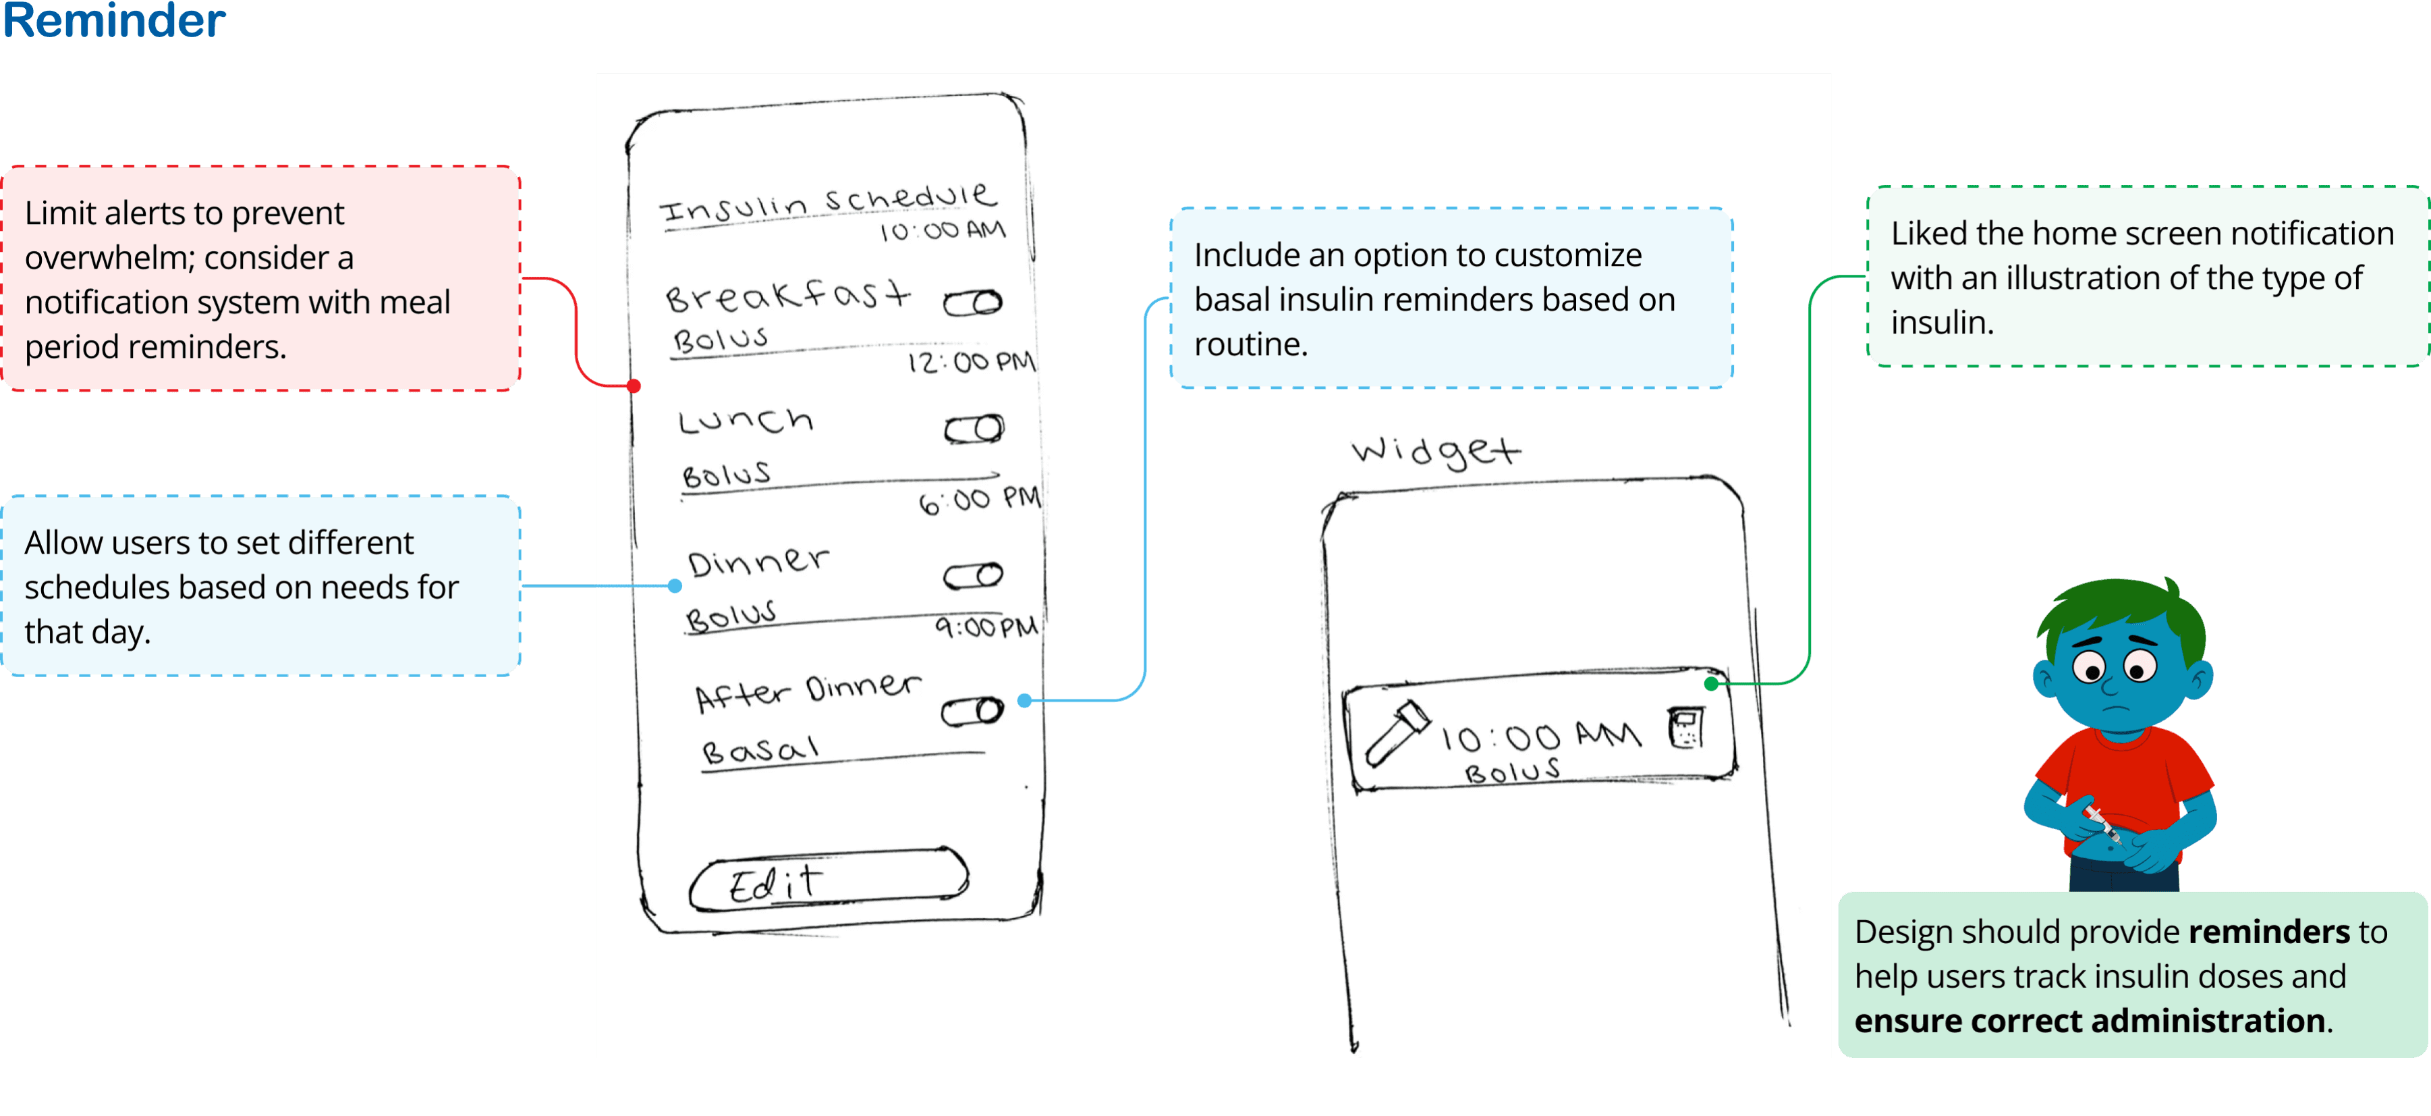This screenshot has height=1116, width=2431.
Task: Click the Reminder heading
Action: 113,21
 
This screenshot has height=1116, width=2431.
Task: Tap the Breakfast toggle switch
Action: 973,303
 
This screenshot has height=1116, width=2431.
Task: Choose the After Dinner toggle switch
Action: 972,712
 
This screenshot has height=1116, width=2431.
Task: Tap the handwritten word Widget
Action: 1435,450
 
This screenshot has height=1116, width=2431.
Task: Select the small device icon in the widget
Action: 1685,728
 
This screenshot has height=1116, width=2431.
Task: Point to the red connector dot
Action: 634,386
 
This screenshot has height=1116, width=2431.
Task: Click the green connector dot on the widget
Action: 1711,683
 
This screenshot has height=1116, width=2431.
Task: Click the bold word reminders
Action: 2268,932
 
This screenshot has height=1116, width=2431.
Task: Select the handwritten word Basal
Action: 760,751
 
